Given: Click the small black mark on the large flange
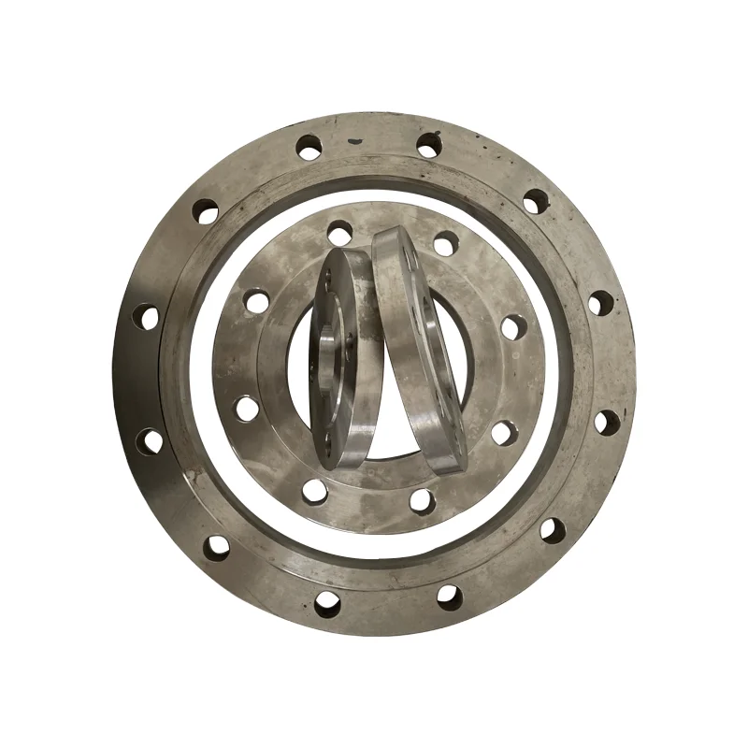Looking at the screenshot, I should click(x=354, y=142).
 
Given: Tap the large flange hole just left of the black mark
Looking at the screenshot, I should click(x=309, y=146).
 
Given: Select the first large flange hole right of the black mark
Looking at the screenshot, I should click(x=428, y=145).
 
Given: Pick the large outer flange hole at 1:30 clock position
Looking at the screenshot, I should click(x=535, y=201).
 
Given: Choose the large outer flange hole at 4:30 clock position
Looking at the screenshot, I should click(x=553, y=530).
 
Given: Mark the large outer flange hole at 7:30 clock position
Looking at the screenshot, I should click(x=217, y=546).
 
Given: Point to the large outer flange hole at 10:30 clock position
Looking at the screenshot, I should click(x=206, y=211).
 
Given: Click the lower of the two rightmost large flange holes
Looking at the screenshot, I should click(x=606, y=422).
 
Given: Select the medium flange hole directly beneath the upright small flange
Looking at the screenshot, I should click(x=315, y=489).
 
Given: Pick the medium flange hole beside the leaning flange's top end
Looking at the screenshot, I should click(x=445, y=242).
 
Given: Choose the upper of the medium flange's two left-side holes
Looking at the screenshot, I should click(x=254, y=301).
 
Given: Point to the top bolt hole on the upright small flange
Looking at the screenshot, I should click(x=327, y=278).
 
